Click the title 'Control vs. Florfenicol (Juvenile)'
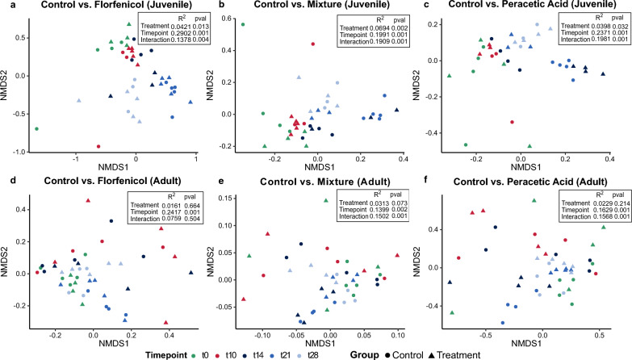coord(115,6)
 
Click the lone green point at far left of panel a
coord(37,128)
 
